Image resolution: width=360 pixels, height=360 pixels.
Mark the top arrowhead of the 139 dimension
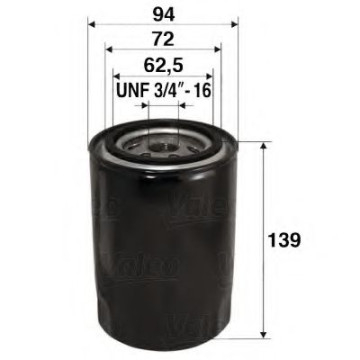[263, 146]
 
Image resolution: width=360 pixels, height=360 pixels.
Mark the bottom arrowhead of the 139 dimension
[263, 332]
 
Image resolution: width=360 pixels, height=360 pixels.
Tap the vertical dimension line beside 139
[263, 200]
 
